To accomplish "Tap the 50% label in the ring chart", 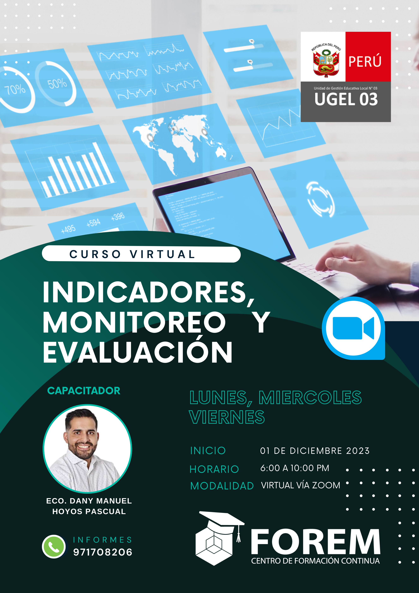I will click(57, 84).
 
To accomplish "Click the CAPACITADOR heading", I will click(84, 391).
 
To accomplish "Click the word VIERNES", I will click(227, 417).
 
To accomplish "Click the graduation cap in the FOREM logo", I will click(222, 519).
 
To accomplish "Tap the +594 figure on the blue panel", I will click(93, 223).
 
